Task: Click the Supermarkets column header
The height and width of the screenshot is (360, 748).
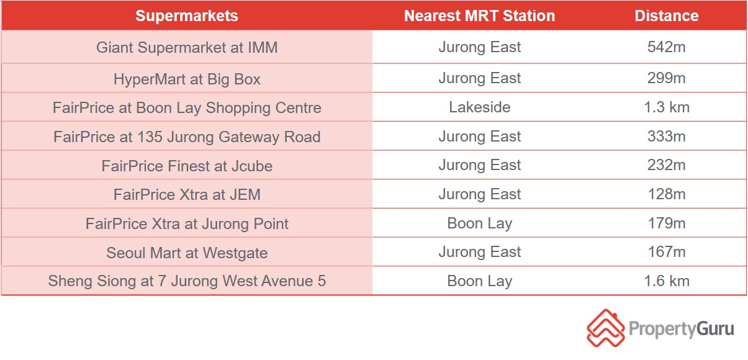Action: click(187, 16)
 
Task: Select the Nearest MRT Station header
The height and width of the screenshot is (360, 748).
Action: click(479, 16)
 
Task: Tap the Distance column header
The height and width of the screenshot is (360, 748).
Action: click(667, 16)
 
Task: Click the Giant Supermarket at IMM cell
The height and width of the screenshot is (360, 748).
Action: click(187, 47)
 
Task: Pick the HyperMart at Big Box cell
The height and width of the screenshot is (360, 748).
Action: click(187, 79)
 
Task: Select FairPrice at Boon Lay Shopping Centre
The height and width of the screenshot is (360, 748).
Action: click(187, 108)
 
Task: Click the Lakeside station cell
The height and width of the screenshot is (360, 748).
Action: click(479, 107)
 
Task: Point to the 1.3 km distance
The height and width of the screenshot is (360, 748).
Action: click(667, 107)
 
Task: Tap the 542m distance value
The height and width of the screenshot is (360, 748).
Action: click(667, 47)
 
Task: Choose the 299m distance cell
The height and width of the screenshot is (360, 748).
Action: click(667, 78)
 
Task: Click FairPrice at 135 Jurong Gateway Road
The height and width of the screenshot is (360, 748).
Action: click(187, 137)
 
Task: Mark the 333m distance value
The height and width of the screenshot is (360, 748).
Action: click(667, 137)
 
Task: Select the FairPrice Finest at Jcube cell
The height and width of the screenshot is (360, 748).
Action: click(187, 166)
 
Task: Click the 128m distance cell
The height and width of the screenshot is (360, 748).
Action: click(667, 194)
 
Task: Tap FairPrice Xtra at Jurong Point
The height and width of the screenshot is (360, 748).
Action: click(187, 223)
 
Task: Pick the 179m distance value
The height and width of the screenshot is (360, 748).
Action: click(667, 223)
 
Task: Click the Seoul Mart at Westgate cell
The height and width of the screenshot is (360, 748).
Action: click(187, 253)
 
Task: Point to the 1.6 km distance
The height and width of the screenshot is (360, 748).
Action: click(667, 281)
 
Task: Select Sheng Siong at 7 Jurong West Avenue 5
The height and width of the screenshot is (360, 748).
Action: click(187, 281)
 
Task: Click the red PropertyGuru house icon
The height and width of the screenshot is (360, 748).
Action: click(606, 328)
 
